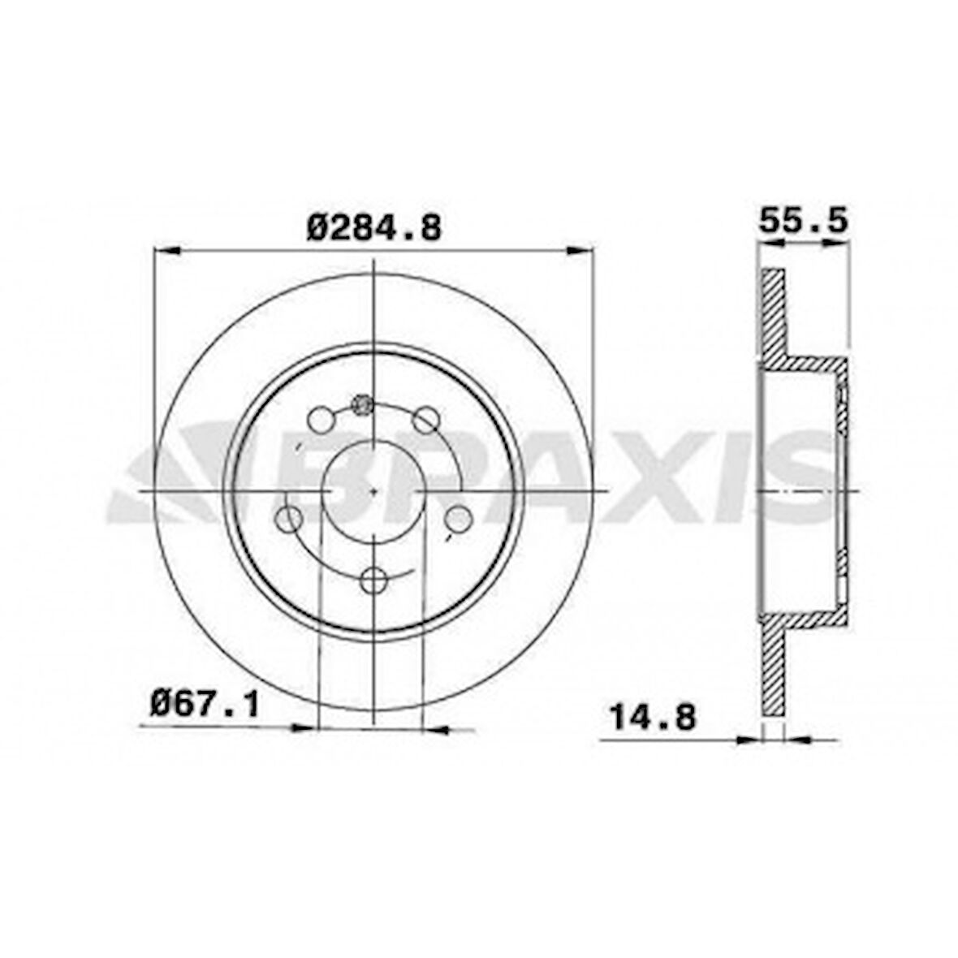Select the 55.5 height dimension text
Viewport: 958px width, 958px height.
tap(802, 220)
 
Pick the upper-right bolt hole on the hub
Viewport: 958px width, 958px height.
tap(425, 420)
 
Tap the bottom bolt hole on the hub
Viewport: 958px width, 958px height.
tap(373, 580)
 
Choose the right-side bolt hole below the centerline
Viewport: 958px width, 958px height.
tap(458, 517)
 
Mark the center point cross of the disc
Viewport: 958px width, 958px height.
tap(373, 491)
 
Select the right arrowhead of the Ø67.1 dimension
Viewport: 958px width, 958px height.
tap(439, 728)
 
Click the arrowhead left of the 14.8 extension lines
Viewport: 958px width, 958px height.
tap(747, 739)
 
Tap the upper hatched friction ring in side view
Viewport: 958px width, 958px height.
tap(773, 317)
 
